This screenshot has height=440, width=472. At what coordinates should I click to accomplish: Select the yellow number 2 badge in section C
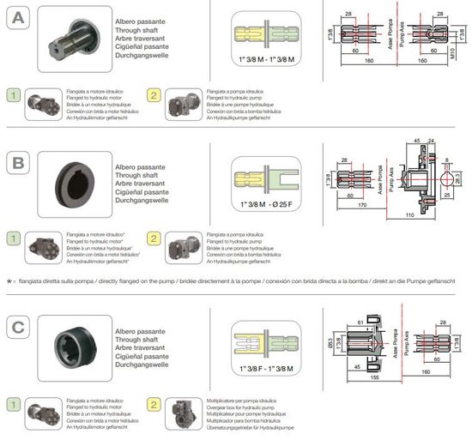coord(154,403)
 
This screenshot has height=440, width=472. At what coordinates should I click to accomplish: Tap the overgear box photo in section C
coord(185,413)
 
